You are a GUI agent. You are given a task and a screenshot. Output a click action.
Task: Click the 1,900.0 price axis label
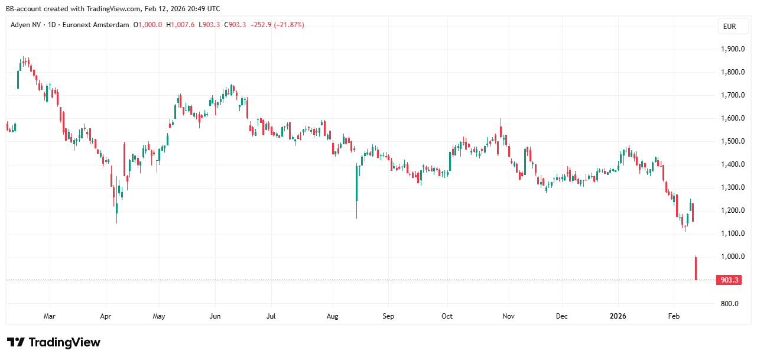(x=732, y=49)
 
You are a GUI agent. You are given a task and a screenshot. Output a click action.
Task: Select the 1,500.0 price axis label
(x=732, y=141)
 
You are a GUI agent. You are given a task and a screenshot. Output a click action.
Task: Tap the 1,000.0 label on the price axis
(x=732, y=257)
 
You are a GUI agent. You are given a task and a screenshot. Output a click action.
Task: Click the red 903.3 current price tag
(x=728, y=280)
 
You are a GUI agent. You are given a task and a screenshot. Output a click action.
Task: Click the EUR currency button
(x=729, y=26)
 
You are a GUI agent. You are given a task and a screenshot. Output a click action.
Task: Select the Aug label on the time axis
(x=332, y=316)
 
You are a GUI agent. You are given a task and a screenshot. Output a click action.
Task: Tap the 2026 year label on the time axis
(x=618, y=316)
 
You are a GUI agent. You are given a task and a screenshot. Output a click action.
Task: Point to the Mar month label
(x=50, y=316)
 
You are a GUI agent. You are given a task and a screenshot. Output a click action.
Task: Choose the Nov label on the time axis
(x=508, y=316)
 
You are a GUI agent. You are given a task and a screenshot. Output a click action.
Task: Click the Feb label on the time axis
(x=673, y=316)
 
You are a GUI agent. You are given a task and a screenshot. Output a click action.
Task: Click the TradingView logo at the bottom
(x=54, y=342)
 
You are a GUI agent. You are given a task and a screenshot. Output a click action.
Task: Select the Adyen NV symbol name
(x=27, y=25)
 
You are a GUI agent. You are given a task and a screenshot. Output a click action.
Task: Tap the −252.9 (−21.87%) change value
(x=277, y=25)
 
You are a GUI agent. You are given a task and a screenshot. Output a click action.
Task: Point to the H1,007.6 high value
(x=180, y=25)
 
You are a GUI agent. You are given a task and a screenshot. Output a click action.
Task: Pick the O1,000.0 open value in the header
(x=148, y=25)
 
